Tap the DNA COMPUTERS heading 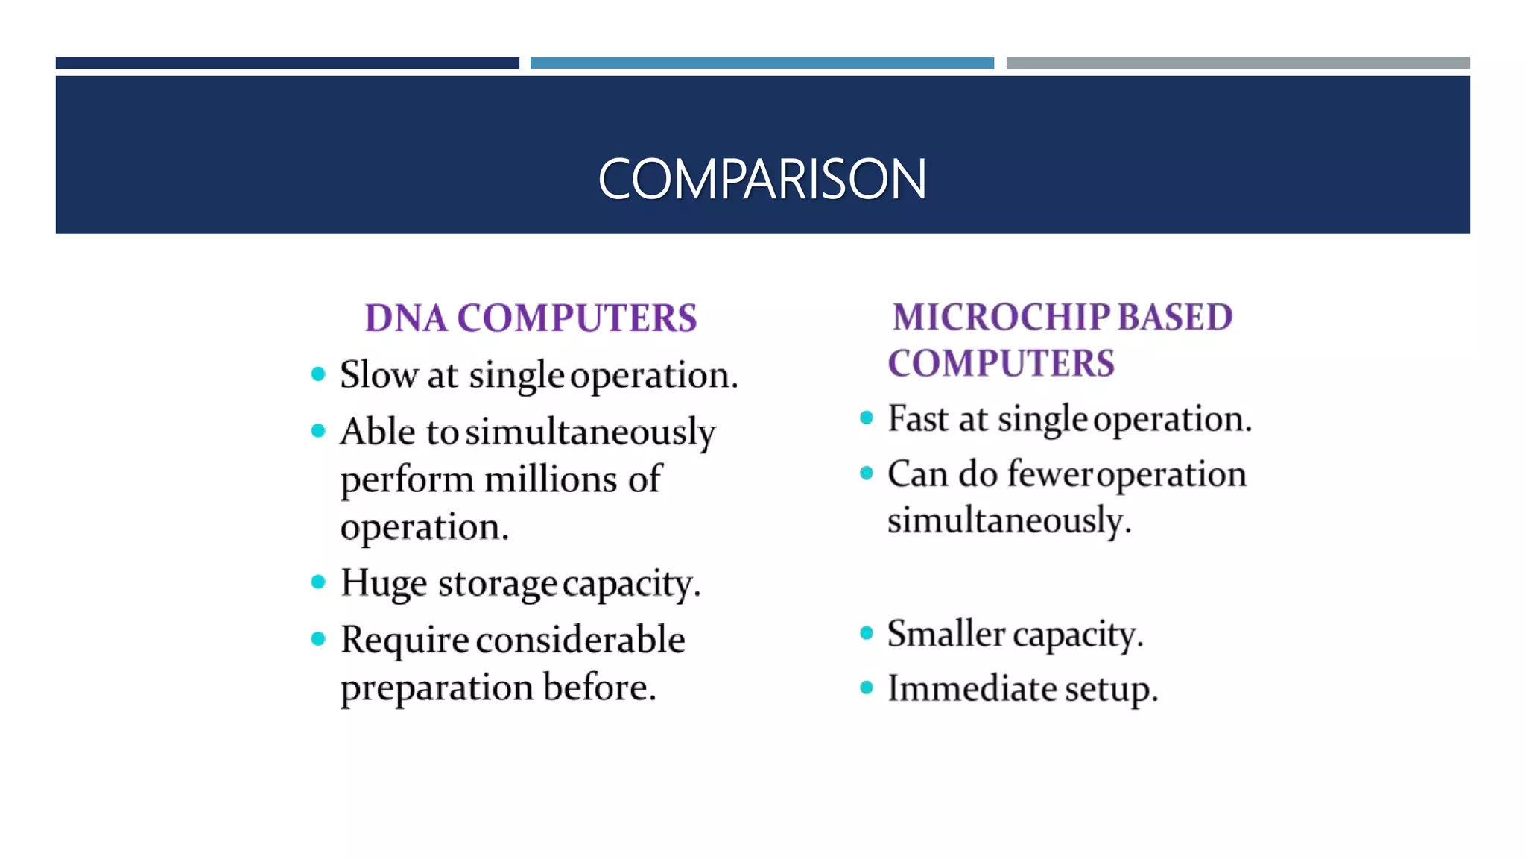[x=531, y=318]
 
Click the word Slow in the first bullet [x=379, y=374]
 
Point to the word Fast [x=918, y=418]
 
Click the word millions [x=551, y=479]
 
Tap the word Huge [x=384, y=584]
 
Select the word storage [x=497, y=584]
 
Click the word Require [x=405, y=640]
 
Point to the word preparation [x=437, y=688]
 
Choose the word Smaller [x=945, y=634]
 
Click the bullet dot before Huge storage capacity [x=318, y=582]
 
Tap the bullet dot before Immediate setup [x=866, y=687]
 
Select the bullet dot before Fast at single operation [x=866, y=418]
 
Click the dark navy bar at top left [x=287, y=63]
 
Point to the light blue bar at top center [x=762, y=63]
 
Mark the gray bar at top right [x=1238, y=63]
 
